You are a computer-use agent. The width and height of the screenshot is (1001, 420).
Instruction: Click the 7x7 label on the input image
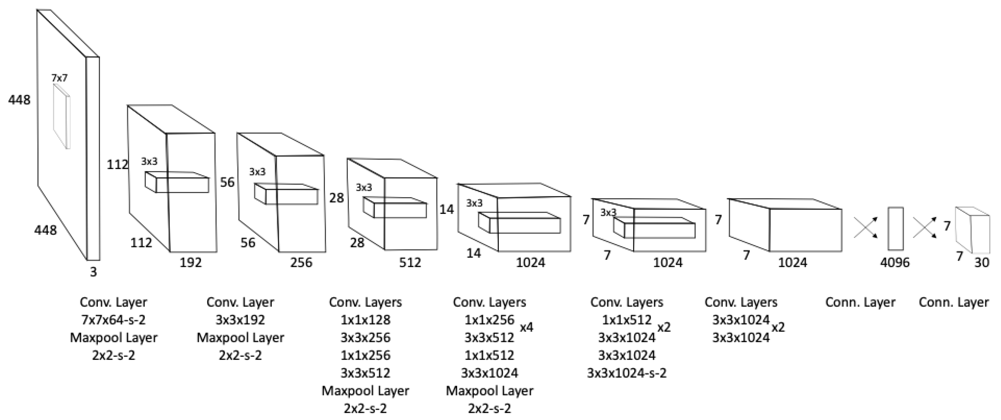click(60, 78)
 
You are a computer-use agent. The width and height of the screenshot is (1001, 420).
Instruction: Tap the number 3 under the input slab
click(93, 272)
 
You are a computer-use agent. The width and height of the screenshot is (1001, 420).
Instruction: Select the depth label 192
click(191, 263)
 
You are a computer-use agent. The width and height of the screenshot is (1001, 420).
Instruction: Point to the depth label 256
click(301, 263)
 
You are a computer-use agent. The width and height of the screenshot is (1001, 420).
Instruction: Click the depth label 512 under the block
click(410, 263)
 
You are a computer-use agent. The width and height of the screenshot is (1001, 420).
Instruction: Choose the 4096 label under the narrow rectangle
click(894, 263)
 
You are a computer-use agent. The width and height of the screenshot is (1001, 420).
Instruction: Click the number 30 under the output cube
click(982, 263)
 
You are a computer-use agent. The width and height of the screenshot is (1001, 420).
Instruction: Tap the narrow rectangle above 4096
click(895, 229)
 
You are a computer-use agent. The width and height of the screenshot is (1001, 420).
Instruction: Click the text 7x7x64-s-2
click(113, 320)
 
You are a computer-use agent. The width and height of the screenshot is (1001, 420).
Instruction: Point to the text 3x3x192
click(240, 320)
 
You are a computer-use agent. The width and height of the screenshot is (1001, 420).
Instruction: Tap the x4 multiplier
click(527, 327)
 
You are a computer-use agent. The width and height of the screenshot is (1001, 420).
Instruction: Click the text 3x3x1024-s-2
click(626, 373)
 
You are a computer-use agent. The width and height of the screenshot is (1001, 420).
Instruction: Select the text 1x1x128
click(365, 320)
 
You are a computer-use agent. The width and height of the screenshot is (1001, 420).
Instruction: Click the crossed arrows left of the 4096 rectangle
click(865, 227)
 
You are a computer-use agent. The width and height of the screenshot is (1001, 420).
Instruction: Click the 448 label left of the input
click(19, 100)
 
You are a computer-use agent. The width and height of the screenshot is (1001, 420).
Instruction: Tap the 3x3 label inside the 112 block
click(150, 161)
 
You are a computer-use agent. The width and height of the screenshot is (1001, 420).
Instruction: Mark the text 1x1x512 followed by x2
click(626, 320)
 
